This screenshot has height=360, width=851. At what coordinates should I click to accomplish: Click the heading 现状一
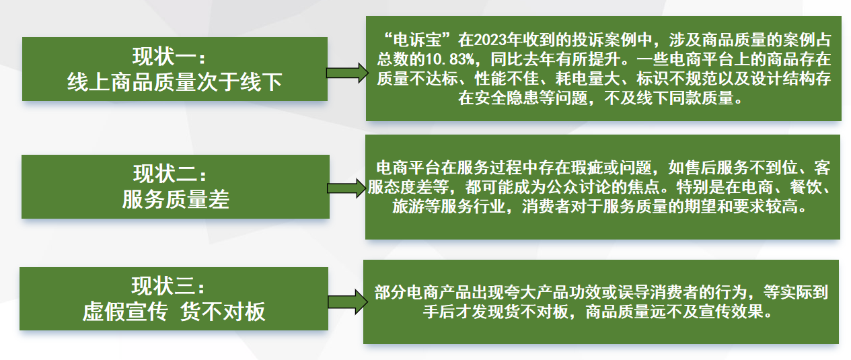[169, 57]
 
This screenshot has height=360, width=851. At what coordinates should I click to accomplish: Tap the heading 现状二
[170, 174]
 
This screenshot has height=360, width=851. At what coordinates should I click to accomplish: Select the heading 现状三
[168, 286]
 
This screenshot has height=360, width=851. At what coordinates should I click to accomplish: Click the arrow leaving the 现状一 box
[347, 73]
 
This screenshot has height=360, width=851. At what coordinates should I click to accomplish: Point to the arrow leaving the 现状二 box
[347, 188]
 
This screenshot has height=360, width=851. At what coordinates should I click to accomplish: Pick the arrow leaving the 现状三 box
[348, 302]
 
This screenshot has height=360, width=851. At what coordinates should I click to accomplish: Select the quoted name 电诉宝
[418, 40]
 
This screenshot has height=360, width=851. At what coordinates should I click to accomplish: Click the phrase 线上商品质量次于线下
[175, 82]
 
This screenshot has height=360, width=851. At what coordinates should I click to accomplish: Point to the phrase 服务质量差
[176, 199]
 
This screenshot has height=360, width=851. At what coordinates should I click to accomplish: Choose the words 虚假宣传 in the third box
[125, 312]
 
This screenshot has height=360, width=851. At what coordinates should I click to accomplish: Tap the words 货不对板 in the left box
[223, 312]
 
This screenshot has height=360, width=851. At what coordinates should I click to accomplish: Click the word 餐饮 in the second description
[805, 187]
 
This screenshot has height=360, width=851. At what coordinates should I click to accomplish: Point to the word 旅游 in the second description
[408, 207]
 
